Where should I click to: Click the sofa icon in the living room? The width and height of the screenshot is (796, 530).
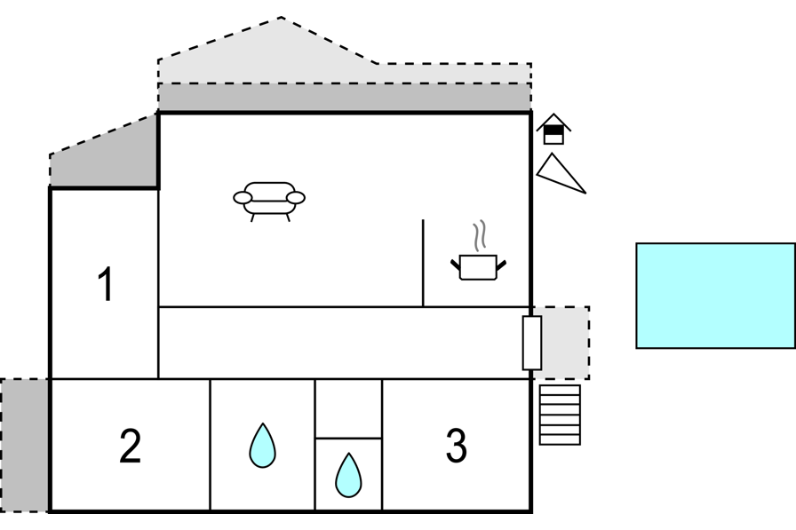pyautogui.click(x=269, y=202)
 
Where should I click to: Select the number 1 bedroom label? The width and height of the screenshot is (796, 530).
pyautogui.click(x=106, y=284)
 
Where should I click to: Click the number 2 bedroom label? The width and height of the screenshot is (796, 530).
pyautogui.click(x=130, y=446)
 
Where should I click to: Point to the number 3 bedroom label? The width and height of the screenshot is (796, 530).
pyautogui.click(x=456, y=446)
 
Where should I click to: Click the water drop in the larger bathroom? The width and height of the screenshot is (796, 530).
pyautogui.click(x=262, y=446)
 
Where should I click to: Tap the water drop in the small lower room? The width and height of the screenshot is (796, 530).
pyautogui.click(x=349, y=476)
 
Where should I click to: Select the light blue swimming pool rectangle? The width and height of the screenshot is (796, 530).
pyautogui.click(x=716, y=296)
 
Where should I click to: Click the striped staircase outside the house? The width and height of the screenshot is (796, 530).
pyautogui.click(x=560, y=415)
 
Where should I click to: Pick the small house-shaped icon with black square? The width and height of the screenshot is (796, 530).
pyautogui.click(x=553, y=130)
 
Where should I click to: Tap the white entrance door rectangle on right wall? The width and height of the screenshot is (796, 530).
pyautogui.click(x=532, y=343)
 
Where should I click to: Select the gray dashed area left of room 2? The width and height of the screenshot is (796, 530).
pyautogui.click(x=24, y=446)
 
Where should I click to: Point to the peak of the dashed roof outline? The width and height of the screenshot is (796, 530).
pyautogui.click(x=281, y=18)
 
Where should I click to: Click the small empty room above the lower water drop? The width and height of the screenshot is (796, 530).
pyautogui.click(x=348, y=408)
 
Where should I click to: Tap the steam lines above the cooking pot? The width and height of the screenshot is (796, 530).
pyautogui.click(x=480, y=236)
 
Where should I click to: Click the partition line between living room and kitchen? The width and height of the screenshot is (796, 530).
pyautogui.click(x=423, y=263)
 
